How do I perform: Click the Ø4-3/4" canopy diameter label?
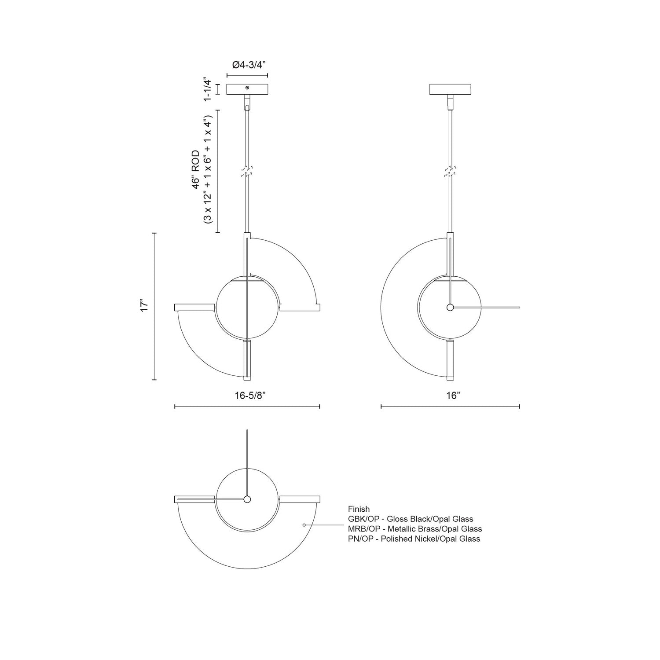point(249,65)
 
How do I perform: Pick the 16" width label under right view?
point(452,396)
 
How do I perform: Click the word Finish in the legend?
point(359,509)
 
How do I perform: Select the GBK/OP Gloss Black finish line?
point(410,519)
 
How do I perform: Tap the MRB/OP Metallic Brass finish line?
point(414,529)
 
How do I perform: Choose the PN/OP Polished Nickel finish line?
point(414,539)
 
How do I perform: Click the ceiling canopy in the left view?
point(247,89)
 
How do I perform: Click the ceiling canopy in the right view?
point(450,89)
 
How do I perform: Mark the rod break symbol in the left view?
point(247,172)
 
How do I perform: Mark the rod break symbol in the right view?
point(450,172)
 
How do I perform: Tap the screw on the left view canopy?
point(247,88)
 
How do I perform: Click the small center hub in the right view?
point(450,308)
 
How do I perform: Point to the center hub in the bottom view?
point(247,499)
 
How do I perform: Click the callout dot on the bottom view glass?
point(304,525)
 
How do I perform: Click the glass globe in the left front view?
point(233,308)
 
